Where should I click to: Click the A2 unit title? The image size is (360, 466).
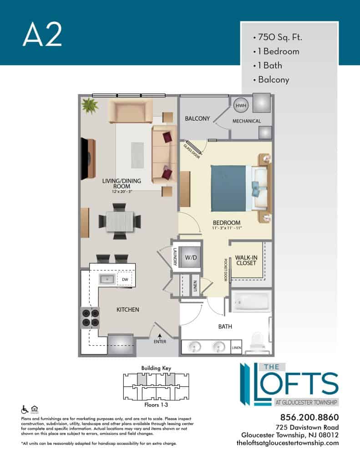tap(42, 35)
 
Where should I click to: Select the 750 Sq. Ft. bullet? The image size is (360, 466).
tap(277, 37)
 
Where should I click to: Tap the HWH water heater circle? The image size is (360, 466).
tap(240, 106)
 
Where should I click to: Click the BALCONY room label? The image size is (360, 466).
tap(198, 119)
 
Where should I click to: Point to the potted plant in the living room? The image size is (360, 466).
tap(90, 106)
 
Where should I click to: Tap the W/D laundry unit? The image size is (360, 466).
tap(191, 258)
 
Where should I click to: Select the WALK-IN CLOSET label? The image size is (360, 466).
tap(246, 260)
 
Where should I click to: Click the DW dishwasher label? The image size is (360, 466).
tap(125, 279)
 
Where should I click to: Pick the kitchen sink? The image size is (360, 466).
tap(106, 279)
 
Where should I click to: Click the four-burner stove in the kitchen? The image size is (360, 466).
tap(91, 318)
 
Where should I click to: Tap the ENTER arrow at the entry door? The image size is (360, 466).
tap(160, 336)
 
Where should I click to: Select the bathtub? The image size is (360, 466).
tap(251, 301)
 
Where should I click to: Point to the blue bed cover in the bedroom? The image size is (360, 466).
tap(228, 188)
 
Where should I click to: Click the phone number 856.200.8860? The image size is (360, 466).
tap(309, 417)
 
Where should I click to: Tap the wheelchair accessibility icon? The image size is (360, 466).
tap(25, 410)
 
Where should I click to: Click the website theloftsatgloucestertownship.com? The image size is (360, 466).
tap(288, 443)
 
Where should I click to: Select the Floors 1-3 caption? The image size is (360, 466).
tap(156, 405)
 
